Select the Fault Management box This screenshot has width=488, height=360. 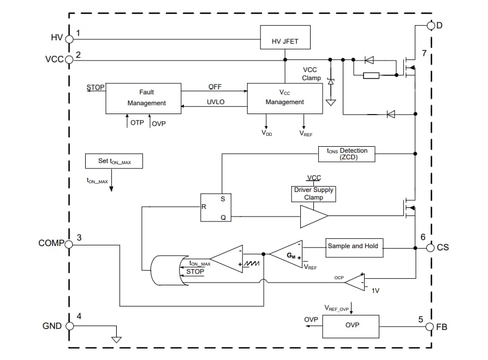point(143,98)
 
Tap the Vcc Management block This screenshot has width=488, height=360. point(284,98)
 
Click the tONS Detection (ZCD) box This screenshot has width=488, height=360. point(346,154)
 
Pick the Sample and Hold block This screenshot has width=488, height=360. point(353,247)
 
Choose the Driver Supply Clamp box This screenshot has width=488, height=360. point(313,194)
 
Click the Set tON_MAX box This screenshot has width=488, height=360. point(114,161)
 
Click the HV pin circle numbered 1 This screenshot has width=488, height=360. point(69,38)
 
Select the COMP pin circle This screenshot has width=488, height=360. point(69,244)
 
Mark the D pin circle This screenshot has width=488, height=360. point(431,26)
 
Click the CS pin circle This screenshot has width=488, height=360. point(431,248)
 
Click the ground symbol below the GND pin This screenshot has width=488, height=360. point(116,339)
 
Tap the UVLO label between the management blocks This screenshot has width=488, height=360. point(215,102)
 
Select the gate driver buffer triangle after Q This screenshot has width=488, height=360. point(312,216)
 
